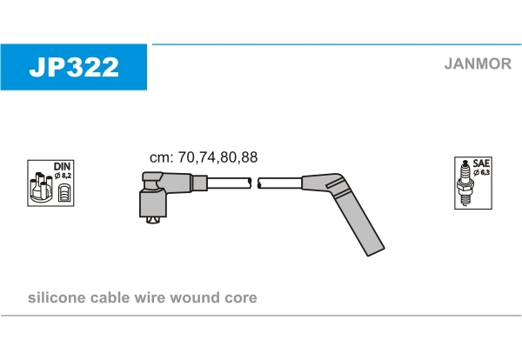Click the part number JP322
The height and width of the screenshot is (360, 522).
click(x=74, y=67)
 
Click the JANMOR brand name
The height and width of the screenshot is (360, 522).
click(x=478, y=63)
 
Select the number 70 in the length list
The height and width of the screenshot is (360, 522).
click(x=186, y=157)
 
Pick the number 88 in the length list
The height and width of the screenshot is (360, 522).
click(x=250, y=157)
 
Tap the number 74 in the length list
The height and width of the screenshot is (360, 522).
click(x=207, y=157)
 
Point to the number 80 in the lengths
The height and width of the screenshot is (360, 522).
click(x=228, y=157)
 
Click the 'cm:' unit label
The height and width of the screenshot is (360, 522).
click(x=162, y=157)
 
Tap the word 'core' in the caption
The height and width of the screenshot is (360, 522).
click(x=241, y=298)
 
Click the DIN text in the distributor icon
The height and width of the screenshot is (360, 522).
click(x=63, y=166)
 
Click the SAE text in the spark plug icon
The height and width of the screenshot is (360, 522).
click(x=481, y=163)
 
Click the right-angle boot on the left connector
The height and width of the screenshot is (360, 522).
click(x=153, y=197)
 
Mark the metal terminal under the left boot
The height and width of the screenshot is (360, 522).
click(x=153, y=220)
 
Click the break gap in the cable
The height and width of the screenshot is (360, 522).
click(x=255, y=183)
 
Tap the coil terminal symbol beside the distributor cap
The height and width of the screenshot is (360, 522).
click(x=64, y=193)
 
